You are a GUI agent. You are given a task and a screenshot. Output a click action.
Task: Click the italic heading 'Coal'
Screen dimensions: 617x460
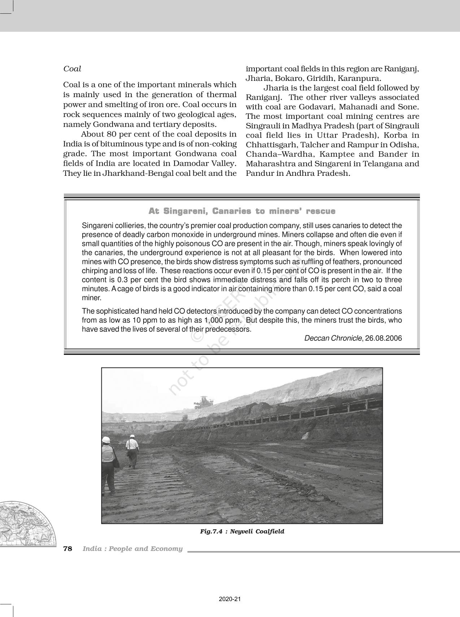72,69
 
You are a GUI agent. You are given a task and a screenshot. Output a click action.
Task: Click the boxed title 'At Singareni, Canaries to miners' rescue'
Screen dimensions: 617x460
242,211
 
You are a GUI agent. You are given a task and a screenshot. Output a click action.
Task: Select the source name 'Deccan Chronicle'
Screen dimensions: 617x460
333,338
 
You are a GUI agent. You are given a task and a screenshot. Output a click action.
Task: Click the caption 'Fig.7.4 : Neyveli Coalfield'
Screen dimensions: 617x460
242,531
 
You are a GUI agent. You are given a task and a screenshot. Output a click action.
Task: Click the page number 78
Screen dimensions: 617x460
68,549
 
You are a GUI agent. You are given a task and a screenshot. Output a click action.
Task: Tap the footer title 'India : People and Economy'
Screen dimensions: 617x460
132,549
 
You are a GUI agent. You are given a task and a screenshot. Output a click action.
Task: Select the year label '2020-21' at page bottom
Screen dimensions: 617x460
229,599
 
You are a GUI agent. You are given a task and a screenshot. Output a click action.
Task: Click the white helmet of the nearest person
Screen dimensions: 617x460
106,440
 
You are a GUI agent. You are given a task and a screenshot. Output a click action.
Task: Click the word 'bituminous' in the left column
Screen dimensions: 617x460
123,144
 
